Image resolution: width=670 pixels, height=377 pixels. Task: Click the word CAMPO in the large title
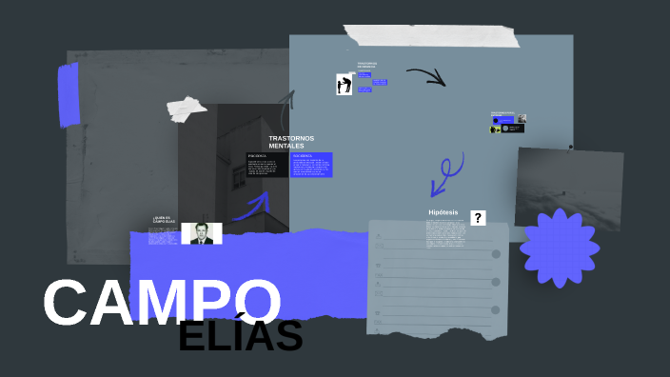pos(162,303)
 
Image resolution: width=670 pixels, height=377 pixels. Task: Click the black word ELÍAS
pos(240,336)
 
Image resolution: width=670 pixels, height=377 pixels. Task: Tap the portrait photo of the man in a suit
pos(202,233)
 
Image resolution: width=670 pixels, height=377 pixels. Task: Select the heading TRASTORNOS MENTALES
pos(290,142)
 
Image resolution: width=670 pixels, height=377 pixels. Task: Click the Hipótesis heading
pos(443,212)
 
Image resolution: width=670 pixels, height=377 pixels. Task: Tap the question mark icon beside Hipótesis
pos(478,218)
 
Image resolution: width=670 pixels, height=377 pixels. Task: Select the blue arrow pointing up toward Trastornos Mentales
pos(252,204)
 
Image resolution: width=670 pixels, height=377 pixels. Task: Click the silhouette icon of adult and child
pos(345,85)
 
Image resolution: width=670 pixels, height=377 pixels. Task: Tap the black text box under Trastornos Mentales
pos(266,164)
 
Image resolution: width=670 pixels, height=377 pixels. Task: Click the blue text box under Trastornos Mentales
pos(311,164)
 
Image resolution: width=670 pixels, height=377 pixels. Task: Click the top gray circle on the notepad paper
pos(496,254)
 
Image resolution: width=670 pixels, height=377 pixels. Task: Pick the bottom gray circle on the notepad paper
pos(496,310)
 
